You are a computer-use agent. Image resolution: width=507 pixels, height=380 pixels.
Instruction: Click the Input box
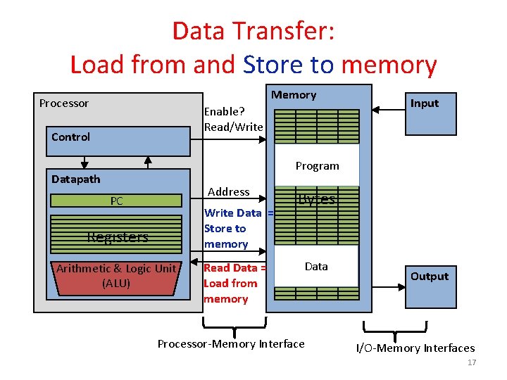coord(424,110)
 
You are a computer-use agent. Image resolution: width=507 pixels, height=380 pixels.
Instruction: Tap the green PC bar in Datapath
coord(117,201)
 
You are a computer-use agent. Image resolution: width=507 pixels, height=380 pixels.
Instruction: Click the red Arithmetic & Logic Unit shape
coord(117,276)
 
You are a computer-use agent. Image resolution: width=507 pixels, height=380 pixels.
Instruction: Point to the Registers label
coord(118,237)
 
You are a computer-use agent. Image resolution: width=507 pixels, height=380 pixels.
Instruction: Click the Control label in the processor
coord(70,137)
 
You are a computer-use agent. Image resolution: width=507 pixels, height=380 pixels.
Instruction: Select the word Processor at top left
coord(64,103)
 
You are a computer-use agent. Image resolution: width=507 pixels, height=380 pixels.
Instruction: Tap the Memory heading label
coord(294,95)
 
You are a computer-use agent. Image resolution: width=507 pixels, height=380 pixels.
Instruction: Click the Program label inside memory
coord(317,166)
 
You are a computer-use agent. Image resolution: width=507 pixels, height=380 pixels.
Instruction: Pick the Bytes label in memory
coord(316,199)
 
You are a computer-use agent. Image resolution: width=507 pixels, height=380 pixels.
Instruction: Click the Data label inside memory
coord(316,266)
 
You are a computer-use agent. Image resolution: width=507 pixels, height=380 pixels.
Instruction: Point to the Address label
coord(228,191)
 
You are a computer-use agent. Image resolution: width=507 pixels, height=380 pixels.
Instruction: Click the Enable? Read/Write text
coord(233,119)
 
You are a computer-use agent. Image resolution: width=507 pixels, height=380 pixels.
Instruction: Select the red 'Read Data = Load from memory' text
coord(234,283)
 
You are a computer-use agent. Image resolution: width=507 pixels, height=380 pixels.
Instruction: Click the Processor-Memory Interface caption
coord(231,344)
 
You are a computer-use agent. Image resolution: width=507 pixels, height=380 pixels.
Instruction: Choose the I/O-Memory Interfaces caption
coord(415,348)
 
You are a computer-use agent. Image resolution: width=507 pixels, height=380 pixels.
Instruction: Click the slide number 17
coord(472,363)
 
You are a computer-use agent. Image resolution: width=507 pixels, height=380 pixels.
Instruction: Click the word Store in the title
coord(273,65)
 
